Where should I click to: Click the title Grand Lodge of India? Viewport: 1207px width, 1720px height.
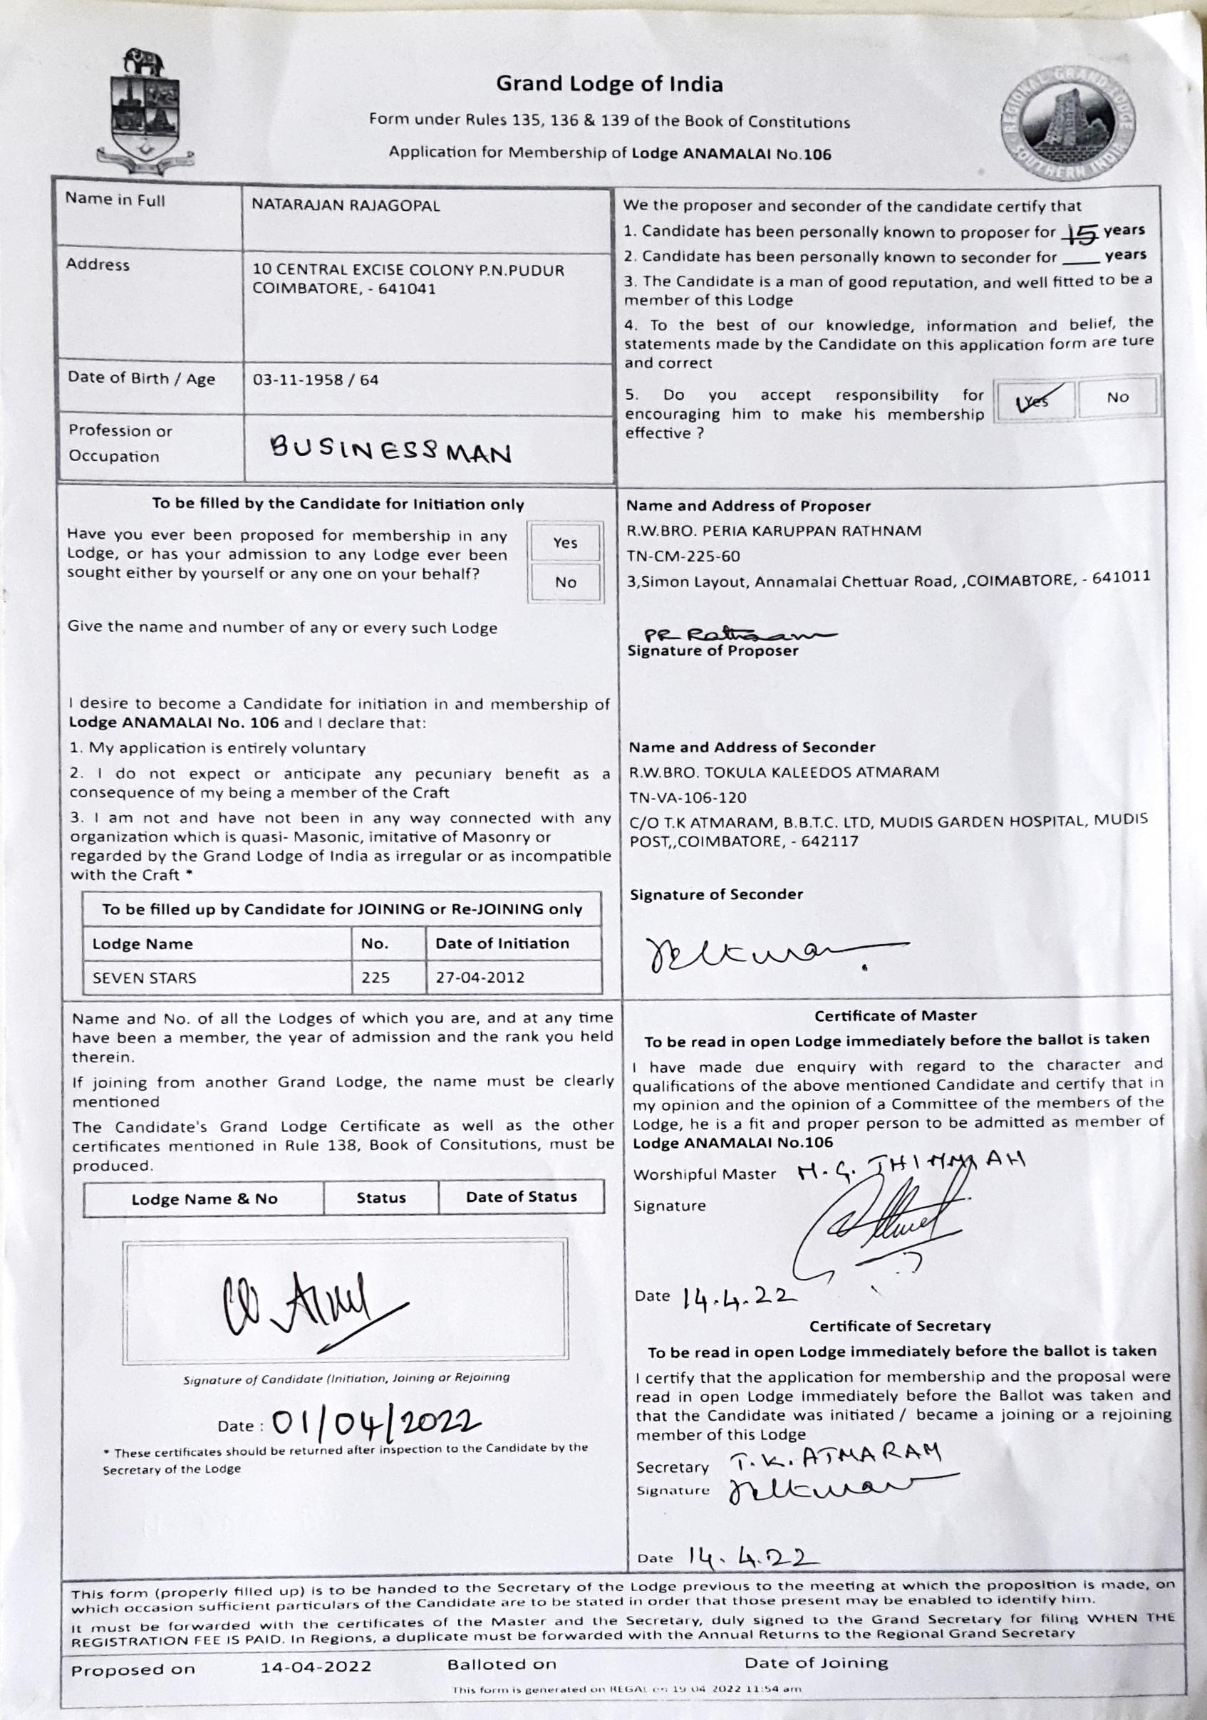pyautogui.click(x=609, y=84)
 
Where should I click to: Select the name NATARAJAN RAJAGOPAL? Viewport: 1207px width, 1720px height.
pyautogui.click(x=346, y=204)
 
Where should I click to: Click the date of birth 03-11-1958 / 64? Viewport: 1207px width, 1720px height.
pyautogui.click(x=316, y=380)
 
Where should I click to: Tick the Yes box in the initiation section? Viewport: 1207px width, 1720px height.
pyautogui.click(x=565, y=542)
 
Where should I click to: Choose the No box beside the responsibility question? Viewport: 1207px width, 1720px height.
pyautogui.click(x=1117, y=397)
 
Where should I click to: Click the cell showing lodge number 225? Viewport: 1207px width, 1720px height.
pyautogui.click(x=375, y=978)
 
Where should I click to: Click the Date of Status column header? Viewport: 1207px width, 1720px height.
pyautogui.click(x=522, y=1197)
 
